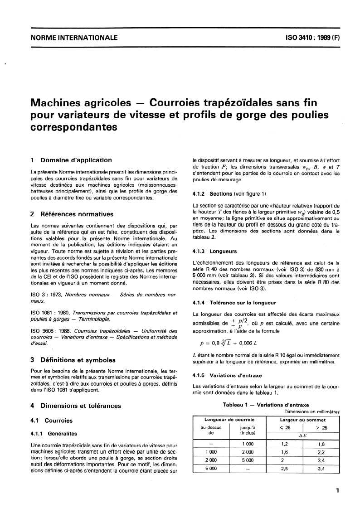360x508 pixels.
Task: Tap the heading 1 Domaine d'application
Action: click(x=70, y=160)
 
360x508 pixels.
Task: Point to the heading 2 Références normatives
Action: click(x=71, y=214)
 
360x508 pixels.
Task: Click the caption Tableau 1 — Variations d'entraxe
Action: click(x=266, y=405)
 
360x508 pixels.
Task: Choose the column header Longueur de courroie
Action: click(x=229, y=420)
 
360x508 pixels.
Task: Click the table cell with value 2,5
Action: click(x=284, y=468)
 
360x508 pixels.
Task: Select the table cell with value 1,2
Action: click(x=284, y=444)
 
